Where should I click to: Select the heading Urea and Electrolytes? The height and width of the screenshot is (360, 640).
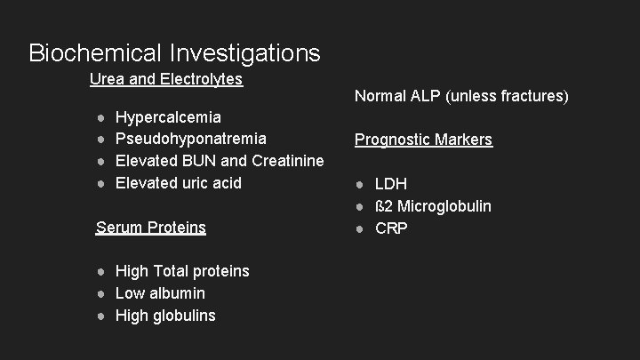(x=166, y=79)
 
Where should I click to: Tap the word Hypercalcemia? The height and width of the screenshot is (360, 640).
(x=169, y=117)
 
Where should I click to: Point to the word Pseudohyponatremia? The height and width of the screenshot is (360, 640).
(x=191, y=139)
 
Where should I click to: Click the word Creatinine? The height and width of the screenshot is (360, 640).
(x=288, y=161)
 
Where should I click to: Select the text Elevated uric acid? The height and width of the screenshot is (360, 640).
(x=179, y=182)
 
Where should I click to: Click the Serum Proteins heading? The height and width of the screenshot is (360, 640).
(x=150, y=228)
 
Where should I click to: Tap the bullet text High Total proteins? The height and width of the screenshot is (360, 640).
(x=182, y=271)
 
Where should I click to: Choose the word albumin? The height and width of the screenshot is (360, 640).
(x=177, y=292)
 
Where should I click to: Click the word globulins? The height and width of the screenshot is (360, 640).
(x=185, y=315)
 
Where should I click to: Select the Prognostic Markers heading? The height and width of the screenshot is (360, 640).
(x=423, y=140)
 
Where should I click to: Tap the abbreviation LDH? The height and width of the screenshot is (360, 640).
(x=391, y=184)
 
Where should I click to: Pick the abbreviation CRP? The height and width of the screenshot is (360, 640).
(x=391, y=228)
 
